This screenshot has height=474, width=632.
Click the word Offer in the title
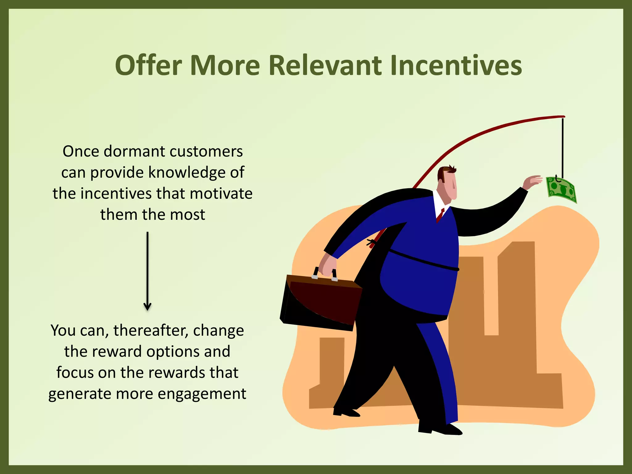148,65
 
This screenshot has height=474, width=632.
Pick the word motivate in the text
221,194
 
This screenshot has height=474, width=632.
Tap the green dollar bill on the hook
561,190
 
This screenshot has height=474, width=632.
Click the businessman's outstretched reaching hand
533,182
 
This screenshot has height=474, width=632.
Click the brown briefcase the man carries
321,302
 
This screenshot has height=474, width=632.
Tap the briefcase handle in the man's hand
325,273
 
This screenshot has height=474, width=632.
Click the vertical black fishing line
563,145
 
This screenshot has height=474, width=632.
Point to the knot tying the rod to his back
371,243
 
